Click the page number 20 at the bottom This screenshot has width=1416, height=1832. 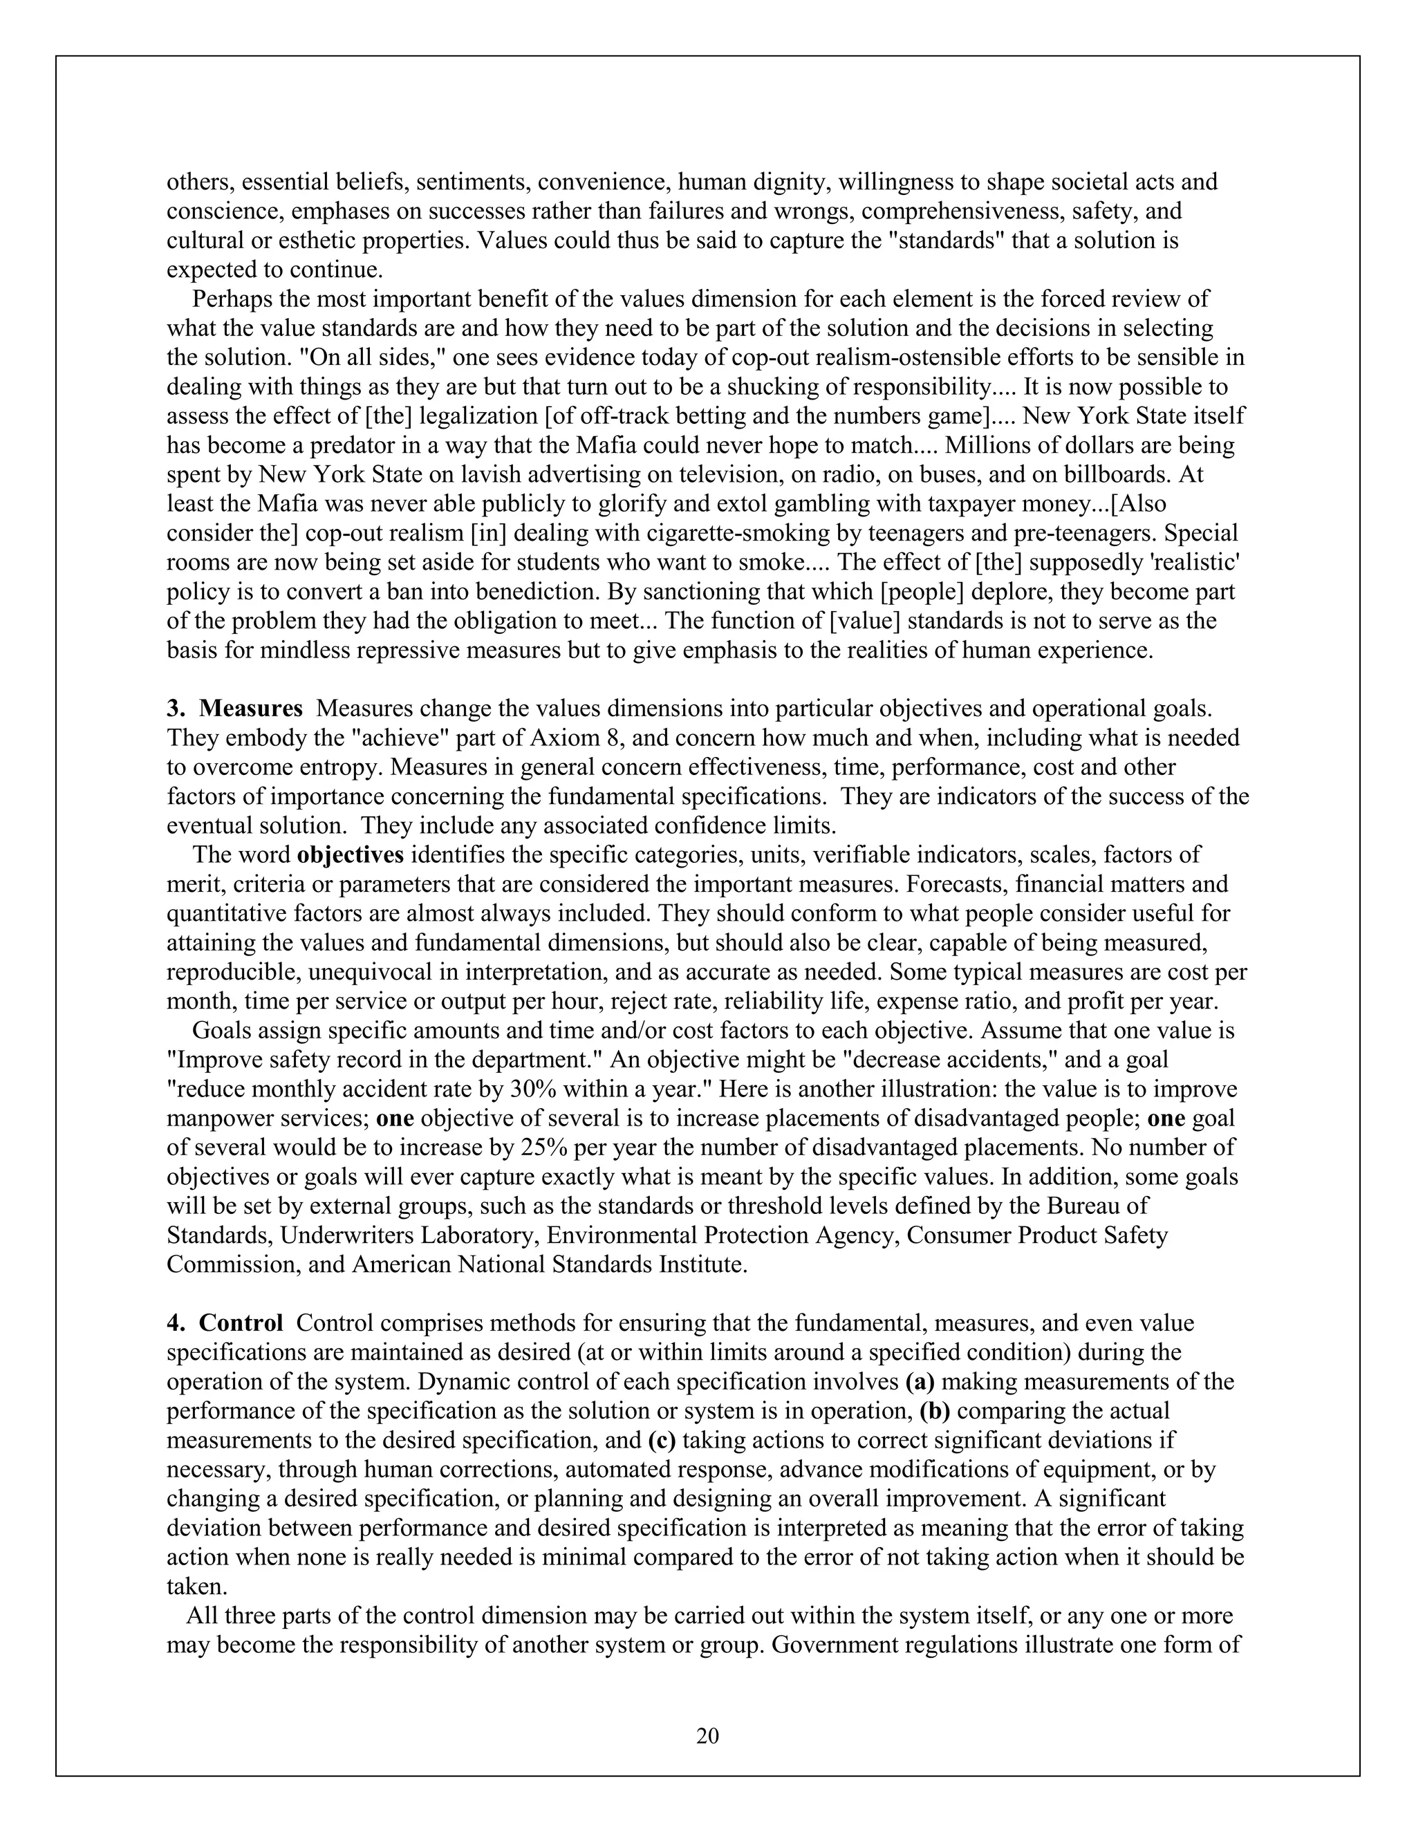click(x=707, y=1735)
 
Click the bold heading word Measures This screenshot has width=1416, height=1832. click(x=251, y=709)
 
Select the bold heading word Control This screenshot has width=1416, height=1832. click(x=241, y=1322)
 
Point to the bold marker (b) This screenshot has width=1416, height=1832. click(x=935, y=1411)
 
